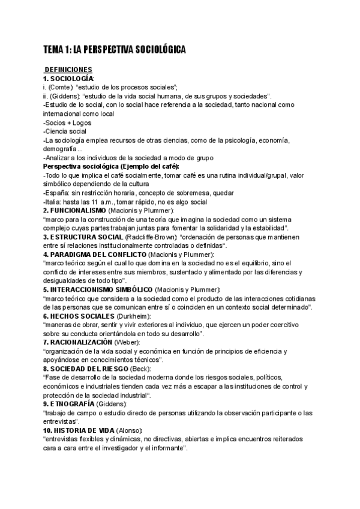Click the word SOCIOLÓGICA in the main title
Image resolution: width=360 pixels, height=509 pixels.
click(154, 50)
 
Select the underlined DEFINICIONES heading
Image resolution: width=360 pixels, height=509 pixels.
click(68, 70)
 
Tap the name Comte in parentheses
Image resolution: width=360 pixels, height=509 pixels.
click(63, 87)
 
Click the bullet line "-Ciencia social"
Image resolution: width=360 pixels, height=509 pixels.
click(64, 131)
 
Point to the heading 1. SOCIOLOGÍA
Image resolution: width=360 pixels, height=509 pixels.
click(68, 79)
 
